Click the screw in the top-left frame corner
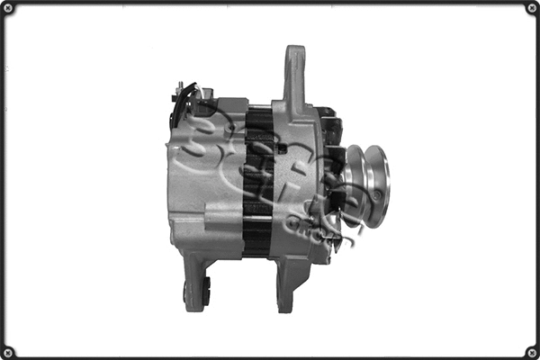coord(7,8)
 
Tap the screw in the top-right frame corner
coord(532,8)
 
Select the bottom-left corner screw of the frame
coord(7,352)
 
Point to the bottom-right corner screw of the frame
coord(532,352)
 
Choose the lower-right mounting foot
coord(285,283)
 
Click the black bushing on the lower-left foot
coord(206,290)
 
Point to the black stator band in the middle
coord(259,180)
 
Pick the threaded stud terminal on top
coord(179,88)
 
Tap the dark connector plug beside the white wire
coord(191,94)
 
